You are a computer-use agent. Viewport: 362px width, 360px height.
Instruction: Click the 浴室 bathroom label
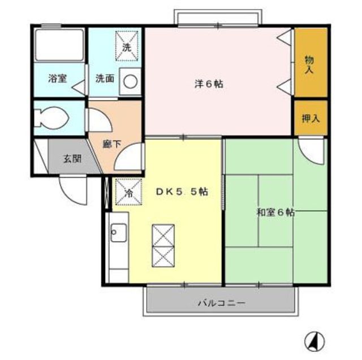[58, 79]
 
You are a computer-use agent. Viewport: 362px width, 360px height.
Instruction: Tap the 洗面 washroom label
[105, 79]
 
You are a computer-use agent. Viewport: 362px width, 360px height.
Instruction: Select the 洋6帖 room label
[209, 84]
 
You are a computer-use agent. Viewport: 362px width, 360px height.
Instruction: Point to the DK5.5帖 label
[182, 192]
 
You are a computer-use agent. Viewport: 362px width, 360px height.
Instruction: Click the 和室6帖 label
[275, 212]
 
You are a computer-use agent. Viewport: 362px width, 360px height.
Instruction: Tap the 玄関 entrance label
[72, 159]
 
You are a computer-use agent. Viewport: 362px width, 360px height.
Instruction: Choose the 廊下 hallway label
[112, 144]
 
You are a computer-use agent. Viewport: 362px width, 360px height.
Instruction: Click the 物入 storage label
[309, 64]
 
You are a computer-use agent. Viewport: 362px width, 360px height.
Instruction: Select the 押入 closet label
[311, 119]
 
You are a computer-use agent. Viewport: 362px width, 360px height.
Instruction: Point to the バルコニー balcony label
[221, 303]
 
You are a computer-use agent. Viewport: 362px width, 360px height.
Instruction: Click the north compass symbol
[314, 341]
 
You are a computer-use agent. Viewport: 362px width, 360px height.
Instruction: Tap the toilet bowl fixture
[51, 118]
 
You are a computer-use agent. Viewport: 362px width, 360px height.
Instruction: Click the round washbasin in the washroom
[131, 81]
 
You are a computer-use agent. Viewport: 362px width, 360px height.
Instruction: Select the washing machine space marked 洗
[127, 46]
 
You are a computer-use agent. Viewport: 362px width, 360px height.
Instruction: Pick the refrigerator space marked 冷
[128, 192]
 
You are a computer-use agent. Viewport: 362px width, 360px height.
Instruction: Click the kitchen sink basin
[118, 232]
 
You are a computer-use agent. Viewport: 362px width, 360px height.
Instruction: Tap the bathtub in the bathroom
[59, 45]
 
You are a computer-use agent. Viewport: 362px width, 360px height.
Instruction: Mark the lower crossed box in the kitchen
[163, 257]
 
